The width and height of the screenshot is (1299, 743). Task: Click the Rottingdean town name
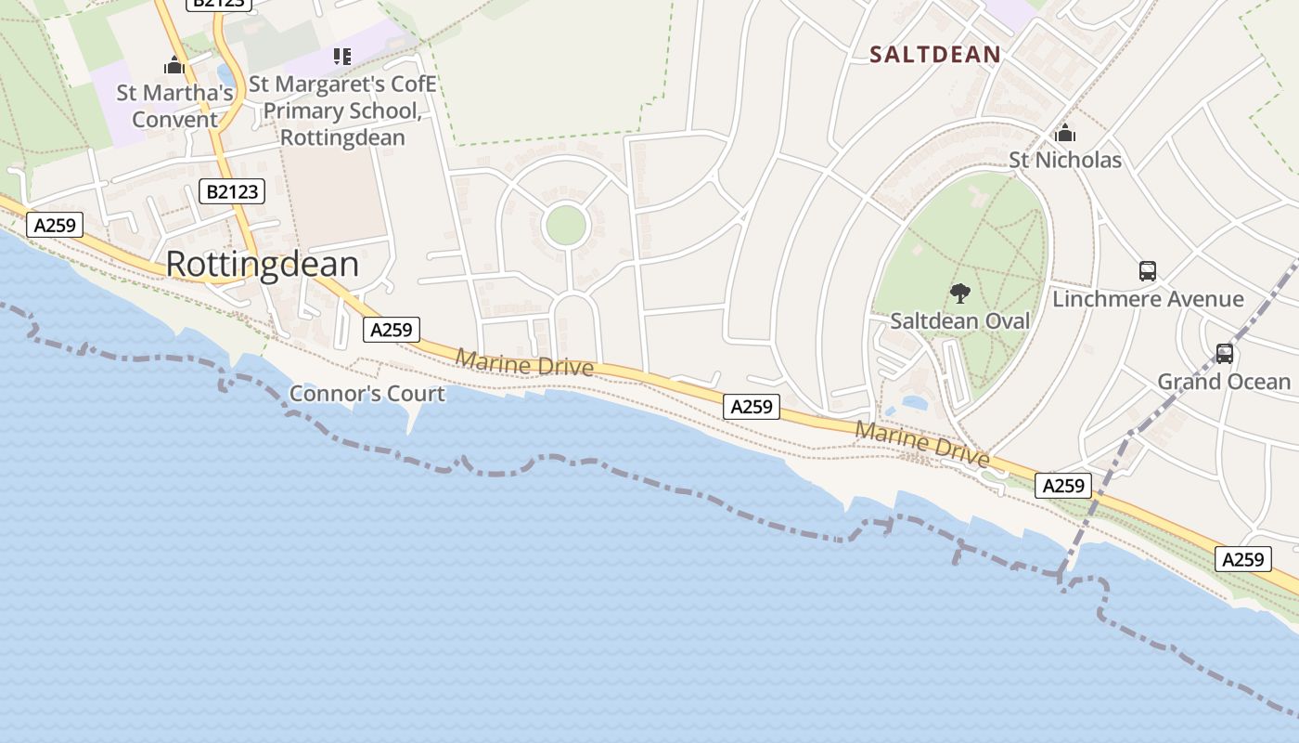(262, 265)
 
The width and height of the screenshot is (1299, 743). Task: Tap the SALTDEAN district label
(935, 55)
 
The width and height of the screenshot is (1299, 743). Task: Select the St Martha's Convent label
(174, 106)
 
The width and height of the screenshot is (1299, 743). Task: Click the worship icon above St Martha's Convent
(174, 65)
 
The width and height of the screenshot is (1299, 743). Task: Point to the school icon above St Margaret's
(342, 57)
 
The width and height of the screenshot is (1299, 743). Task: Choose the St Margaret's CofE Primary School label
(342, 111)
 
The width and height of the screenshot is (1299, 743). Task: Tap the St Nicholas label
(1065, 161)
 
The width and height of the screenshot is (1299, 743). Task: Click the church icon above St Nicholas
(1065, 133)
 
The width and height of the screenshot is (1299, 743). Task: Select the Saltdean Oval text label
(959, 321)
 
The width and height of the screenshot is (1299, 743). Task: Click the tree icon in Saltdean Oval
(959, 294)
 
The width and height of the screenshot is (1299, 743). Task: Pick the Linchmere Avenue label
(1147, 299)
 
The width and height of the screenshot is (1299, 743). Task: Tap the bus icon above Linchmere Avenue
(1148, 271)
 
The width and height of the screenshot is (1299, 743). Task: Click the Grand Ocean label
(1223, 382)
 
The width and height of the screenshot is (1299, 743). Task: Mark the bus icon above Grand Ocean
(1224, 354)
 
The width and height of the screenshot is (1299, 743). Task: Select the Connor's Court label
(367, 394)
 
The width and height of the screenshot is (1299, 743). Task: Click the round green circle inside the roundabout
(566, 226)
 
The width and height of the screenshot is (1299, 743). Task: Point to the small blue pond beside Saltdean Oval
(913, 404)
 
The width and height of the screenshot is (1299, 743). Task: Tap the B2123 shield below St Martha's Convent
(232, 192)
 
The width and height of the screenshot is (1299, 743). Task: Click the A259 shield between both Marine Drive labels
(752, 406)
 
